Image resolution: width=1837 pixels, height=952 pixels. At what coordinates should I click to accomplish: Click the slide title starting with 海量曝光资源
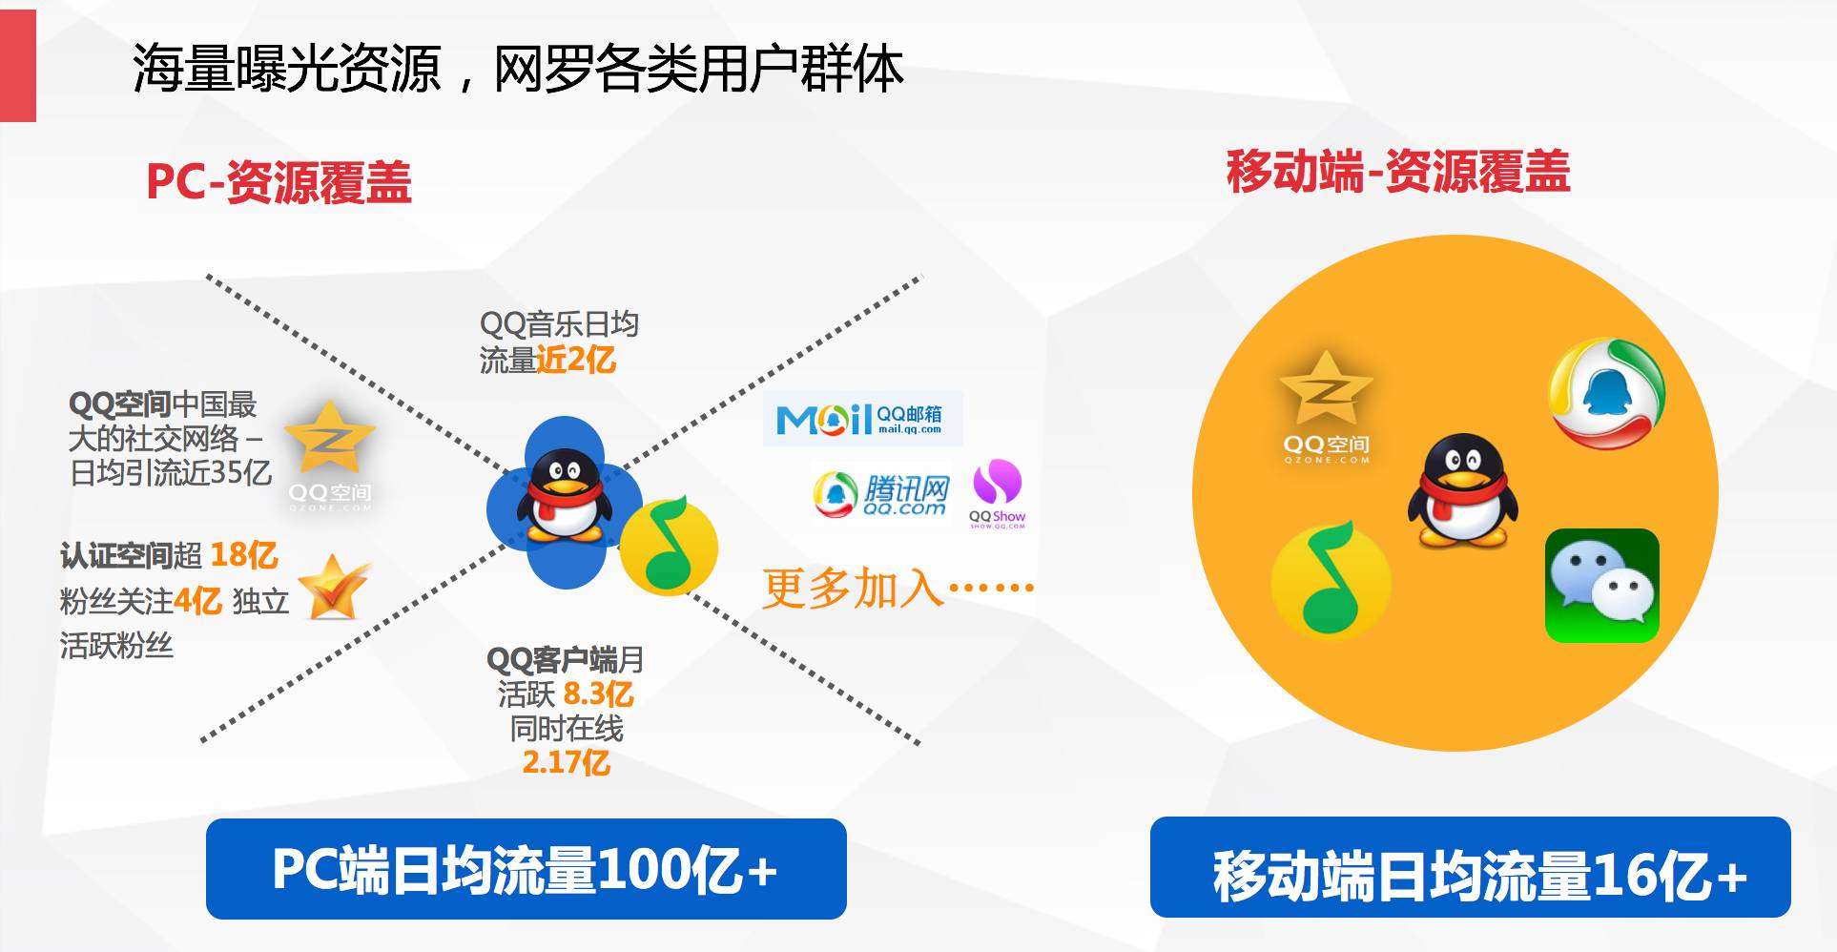click(x=518, y=69)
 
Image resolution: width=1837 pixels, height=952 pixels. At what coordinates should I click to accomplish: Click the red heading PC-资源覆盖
click(x=279, y=181)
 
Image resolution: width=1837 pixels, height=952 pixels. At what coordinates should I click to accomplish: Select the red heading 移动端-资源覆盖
click(x=1398, y=172)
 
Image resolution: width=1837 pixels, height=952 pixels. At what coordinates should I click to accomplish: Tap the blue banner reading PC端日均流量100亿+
click(x=526, y=869)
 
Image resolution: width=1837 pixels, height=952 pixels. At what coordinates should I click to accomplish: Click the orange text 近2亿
click(x=576, y=360)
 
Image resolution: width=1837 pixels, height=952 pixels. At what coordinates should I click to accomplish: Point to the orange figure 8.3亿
click(x=598, y=693)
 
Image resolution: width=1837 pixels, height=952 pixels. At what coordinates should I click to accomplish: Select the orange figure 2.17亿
click(x=566, y=762)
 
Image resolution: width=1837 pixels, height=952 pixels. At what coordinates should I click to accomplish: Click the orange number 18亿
click(x=243, y=555)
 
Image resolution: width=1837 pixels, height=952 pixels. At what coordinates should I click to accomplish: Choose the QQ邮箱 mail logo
click(x=862, y=418)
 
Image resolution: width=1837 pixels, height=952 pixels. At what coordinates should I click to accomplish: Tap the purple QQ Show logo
click(x=997, y=492)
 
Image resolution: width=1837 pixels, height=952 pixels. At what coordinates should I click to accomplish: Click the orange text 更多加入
click(x=853, y=588)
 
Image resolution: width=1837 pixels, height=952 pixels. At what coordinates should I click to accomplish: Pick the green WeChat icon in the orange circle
click(x=1602, y=586)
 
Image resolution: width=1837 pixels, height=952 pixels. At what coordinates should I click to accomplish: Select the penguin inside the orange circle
click(x=1461, y=490)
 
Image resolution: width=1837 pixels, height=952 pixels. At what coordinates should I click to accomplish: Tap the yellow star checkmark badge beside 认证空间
click(x=333, y=587)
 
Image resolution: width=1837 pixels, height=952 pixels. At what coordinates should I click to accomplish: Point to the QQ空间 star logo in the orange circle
click(x=1326, y=406)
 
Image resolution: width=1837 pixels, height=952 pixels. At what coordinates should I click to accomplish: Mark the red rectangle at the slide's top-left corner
click(x=18, y=66)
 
